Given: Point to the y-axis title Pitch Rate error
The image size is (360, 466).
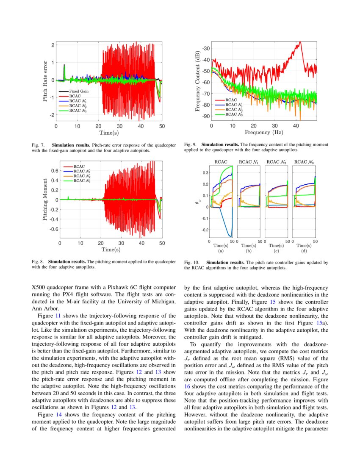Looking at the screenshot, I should coord(45,80).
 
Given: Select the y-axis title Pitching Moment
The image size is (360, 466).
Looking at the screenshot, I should coord(45,200).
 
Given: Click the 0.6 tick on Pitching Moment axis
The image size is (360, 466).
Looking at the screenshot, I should coord(54,170).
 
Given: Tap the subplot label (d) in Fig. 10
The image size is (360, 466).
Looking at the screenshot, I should coord(303,251).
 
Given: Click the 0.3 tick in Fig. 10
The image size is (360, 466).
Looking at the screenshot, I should coord(205,173).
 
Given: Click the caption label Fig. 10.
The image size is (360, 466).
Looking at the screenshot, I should coord(191,263).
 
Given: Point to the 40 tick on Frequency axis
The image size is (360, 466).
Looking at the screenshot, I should coord(296,125).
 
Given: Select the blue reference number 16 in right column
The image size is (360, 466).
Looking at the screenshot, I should coord(187,386).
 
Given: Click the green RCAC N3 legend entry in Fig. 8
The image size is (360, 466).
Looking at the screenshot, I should coord(83,181).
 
